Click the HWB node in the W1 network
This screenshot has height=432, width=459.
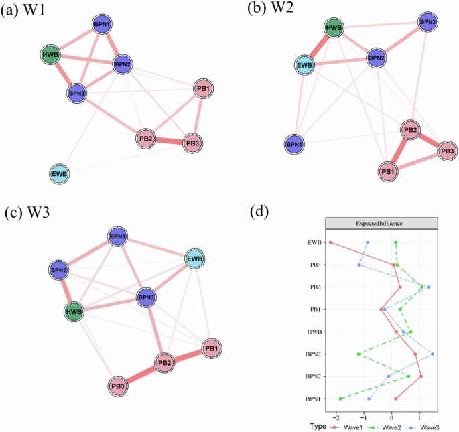coord(50,55)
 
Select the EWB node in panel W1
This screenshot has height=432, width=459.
coord(59,175)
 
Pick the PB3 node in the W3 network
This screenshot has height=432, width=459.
coord(118,386)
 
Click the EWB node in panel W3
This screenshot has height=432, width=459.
coord(194,259)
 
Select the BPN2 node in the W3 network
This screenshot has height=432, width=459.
coord(58,271)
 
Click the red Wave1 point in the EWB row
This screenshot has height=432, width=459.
coord(330,242)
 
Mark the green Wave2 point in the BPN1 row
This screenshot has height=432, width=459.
coord(341,399)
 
